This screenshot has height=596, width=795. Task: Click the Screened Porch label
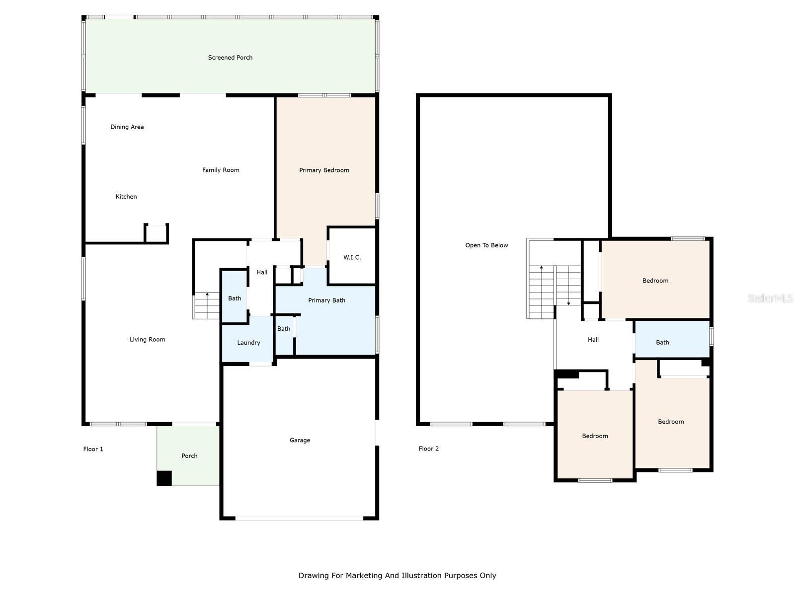pyautogui.click(x=230, y=58)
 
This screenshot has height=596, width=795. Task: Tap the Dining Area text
pyautogui.click(x=127, y=127)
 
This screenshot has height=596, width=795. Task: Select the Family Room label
pyautogui.click(x=221, y=170)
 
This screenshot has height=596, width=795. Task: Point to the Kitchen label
pyautogui.click(x=126, y=197)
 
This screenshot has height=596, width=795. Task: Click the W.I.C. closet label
pyautogui.click(x=352, y=257)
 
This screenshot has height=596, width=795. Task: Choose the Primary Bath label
pyautogui.click(x=326, y=300)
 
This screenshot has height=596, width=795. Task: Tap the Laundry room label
pyautogui.click(x=248, y=343)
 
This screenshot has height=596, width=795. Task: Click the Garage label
pyautogui.click(x=300, y=441)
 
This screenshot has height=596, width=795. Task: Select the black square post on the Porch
pyautogui.click(x=164, y=478)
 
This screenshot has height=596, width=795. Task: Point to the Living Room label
pyautogui.click(x=148, y=339)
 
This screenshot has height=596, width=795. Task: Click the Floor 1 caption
pyautogui.click(x=93, y=449)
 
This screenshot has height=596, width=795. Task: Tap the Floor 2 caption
pyautogui.click(x=428, y=448)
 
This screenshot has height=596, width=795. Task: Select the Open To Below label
pyautogui.click(x=486, y=245)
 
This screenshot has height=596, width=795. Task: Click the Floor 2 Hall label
pyautogui.click(x=593, y=340)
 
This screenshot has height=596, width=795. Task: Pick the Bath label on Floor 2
pyautogui.click(x=662, y=342)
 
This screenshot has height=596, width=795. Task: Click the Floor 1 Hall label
pyautogui.click(x=262, y=273)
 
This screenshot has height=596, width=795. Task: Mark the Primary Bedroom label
pyautogui.click(x=324, y=170)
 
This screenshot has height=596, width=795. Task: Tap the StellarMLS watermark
pyautogui.click(x=770, y=298)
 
